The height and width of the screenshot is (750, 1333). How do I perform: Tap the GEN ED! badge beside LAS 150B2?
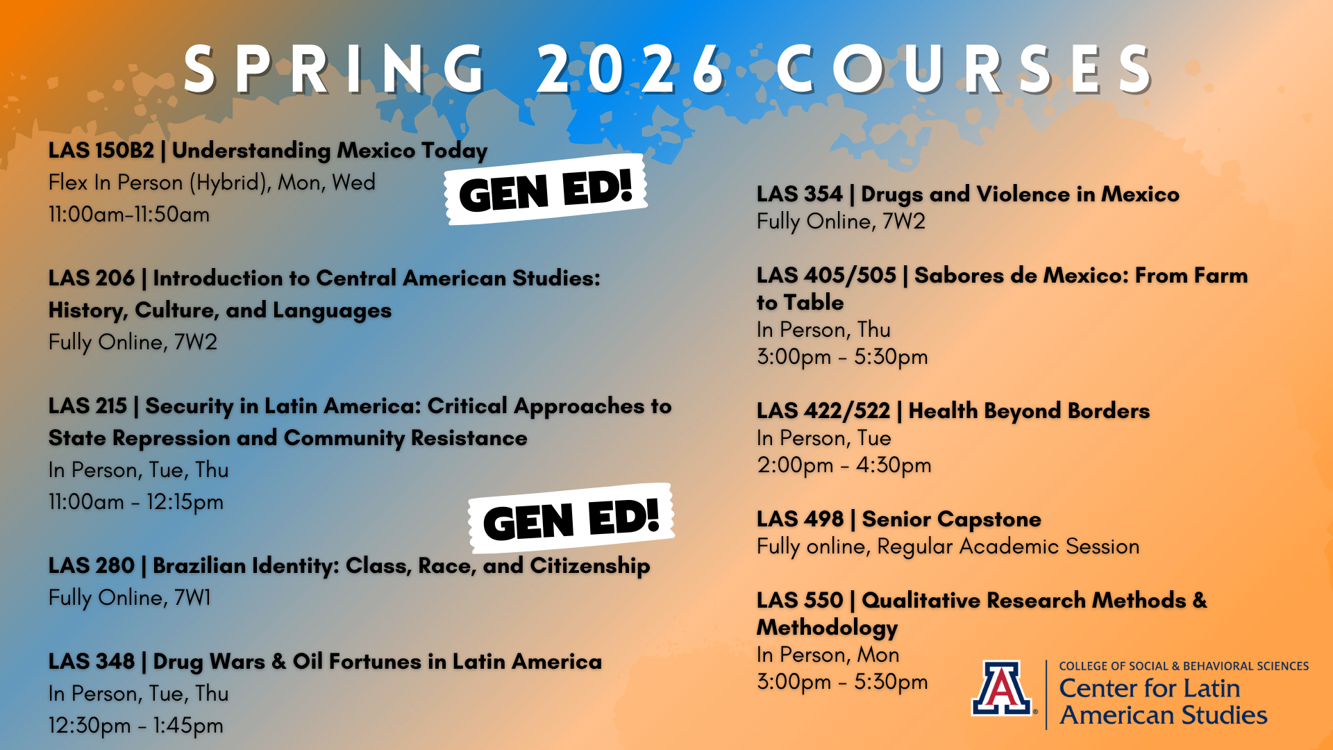pyautogui.click(x=546, y=190)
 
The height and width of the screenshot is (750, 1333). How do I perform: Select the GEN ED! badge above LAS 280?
pyautogui.click(x=571, y=519)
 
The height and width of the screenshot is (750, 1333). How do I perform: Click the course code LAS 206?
pyautogui.click(x=91, y=278)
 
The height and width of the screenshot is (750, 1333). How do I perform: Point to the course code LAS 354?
pyautogui.click(x=799, y=194)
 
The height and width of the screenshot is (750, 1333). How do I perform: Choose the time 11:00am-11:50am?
pyautogui.click(x=129, y=214)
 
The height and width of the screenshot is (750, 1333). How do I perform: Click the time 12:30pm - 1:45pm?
pyautogui.click(x=136, y=726)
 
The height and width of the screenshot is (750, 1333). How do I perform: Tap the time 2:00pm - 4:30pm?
pyautogui.click(x=844, y=465)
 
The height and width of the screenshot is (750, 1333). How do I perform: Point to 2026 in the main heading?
pyautogui.click(x=631, y=69)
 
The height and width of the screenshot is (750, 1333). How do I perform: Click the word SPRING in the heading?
pyautogui.click(x=335, y=69)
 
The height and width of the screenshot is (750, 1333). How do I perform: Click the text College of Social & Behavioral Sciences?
pyautogui.click(x=1184, y=666)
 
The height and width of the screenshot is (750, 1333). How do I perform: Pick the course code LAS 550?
pyautogui.click(x=800, y=600)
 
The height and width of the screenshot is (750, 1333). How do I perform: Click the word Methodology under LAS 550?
pyautogui.click(x=827, y=628)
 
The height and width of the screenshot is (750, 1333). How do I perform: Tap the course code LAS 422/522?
pyautogui.click(x=823, y=410)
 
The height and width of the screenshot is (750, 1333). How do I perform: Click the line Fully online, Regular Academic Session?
pyautogui.click(x=948, y=547)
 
